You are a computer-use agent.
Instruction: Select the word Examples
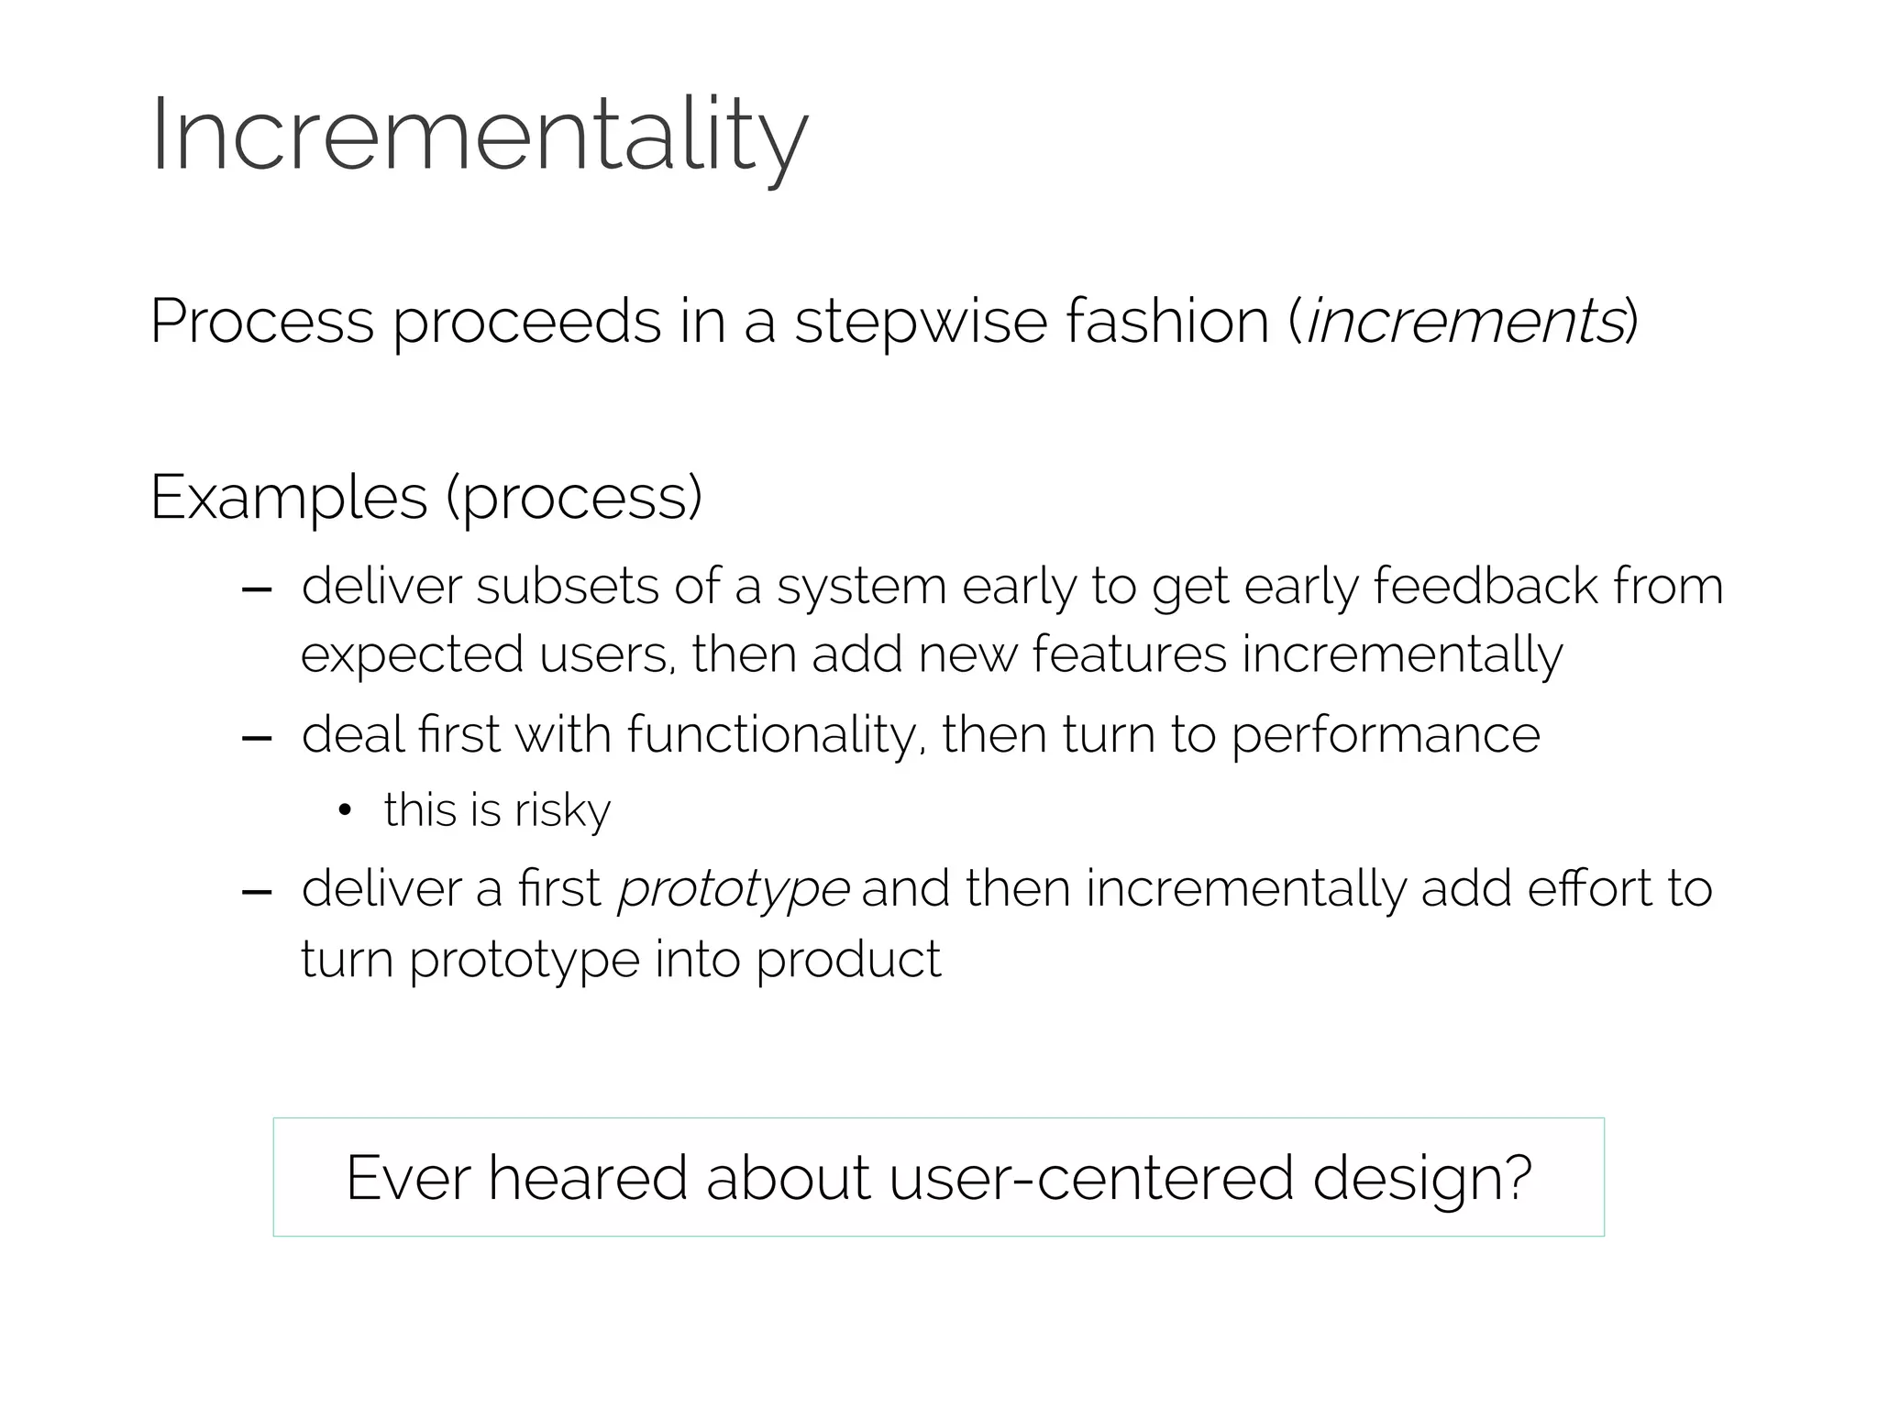pyautogui.click(x=289, y=498)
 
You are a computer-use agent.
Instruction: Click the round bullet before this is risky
pyautogui.click(x=345, y=810)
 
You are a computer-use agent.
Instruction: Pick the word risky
pyautogui.click(x=562, y=811)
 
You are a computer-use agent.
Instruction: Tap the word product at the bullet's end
pyautogui.click(x=848, y=961)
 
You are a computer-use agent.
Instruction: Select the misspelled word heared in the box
pyautogui.click(x=588, y=1178)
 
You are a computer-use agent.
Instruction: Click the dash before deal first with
pyautogui.click(x=257, y=738)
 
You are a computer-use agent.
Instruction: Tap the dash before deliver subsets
pyautogui.click(x=257, y=589)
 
